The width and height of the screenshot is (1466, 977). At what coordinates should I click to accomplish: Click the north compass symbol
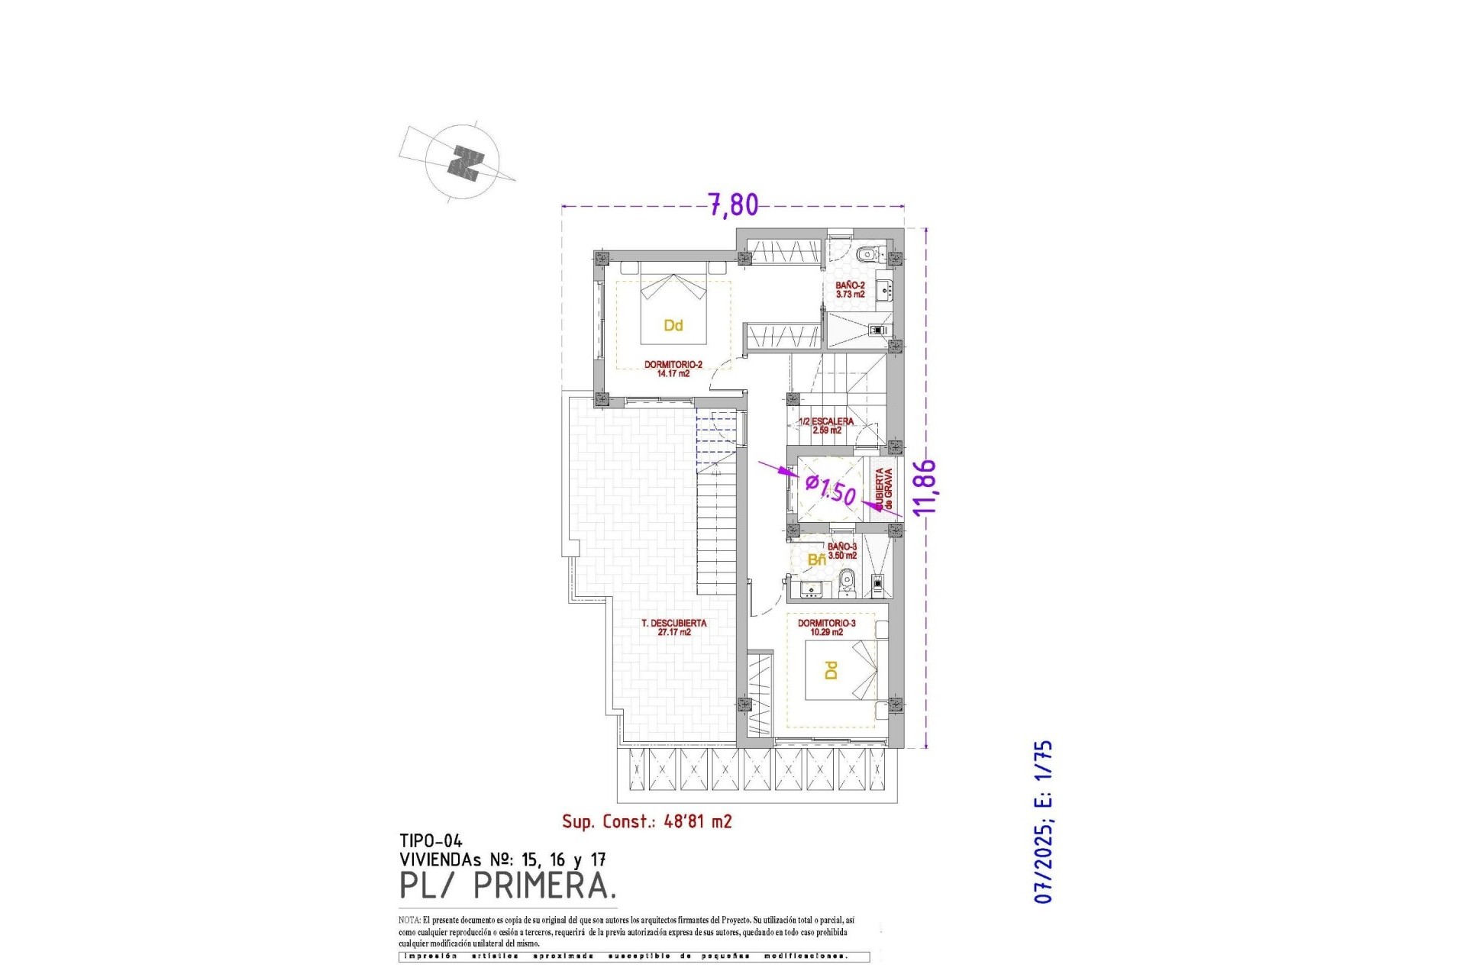click(463, 163)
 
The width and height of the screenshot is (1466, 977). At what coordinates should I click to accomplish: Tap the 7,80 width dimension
click(734, 205)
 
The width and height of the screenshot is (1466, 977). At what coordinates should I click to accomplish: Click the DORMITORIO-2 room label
click(673, 369)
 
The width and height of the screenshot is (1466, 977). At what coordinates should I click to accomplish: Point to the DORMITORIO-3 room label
click(826, 627)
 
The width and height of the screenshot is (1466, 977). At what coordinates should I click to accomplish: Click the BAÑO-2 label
click(850, 289)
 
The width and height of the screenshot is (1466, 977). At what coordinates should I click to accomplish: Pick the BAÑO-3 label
click(842, 551)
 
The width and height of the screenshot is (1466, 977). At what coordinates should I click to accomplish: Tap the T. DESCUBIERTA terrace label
click(673, 627)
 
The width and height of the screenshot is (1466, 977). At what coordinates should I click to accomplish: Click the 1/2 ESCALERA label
click(826, 425)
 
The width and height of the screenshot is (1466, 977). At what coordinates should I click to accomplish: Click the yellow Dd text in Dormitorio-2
click(673, 326)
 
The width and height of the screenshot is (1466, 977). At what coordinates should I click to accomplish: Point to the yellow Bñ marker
click(816, 560)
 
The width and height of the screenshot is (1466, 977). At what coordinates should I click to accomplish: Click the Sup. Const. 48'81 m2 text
click(647, 821)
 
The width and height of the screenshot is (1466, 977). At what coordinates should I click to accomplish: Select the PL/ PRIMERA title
click(508, 886)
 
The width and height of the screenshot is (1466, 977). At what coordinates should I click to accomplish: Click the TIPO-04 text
click(431, 842)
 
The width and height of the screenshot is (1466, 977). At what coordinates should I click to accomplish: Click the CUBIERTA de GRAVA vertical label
click(883, 488)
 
